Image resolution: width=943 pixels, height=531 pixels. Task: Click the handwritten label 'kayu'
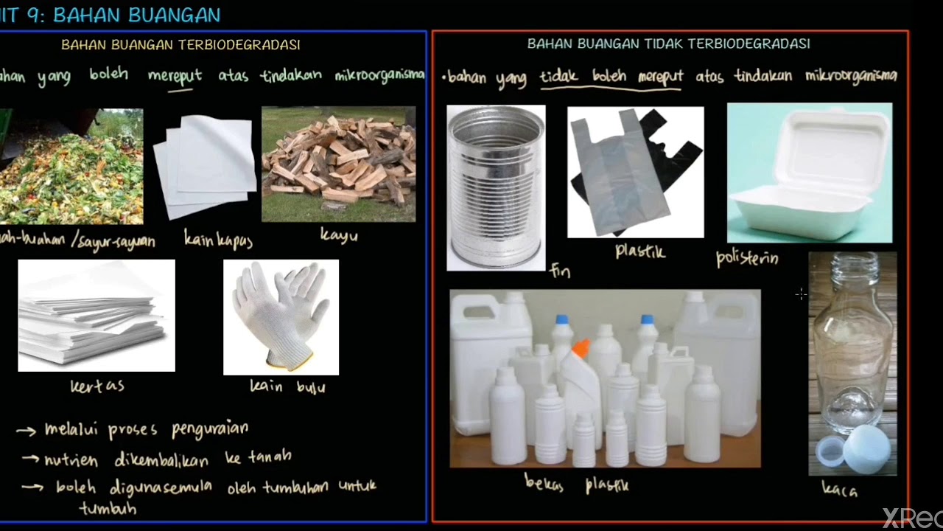338,236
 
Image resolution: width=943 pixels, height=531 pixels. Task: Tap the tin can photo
496,187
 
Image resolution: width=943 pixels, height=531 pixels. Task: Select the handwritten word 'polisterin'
746,259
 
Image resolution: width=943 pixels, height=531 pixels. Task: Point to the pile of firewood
338,164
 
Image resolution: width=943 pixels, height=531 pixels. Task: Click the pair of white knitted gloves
281,316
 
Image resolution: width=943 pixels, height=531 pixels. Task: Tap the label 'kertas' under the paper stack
97,386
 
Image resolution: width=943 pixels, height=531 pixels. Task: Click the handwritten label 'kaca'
840,488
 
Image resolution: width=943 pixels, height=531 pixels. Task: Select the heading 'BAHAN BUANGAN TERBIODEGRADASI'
180,45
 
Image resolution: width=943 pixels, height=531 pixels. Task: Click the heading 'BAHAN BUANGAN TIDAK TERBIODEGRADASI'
668,44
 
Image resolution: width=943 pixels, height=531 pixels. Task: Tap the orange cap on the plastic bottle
581,348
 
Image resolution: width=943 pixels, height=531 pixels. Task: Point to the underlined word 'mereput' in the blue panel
175,76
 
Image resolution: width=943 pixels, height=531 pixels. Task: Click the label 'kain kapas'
218,240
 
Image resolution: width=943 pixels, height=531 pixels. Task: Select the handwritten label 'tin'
560,271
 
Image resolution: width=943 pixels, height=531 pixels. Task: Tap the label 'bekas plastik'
576,484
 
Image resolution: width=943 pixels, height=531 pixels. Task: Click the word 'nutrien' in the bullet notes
71,459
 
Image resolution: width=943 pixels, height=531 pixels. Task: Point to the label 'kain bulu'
287,386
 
